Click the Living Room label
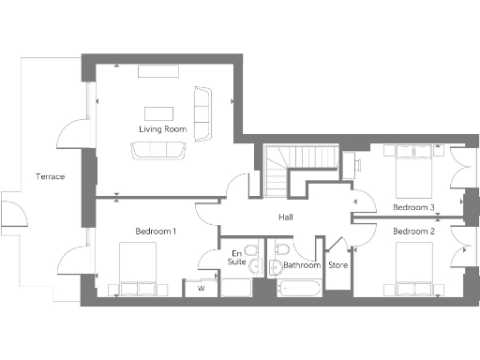pyautogui.click(x=162, y=128)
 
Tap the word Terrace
pyautogui.click(x=50, y=176)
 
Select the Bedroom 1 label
pyautogui.click(x=156, y=231)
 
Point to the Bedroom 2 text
pyautogui.click(x=413, y=231)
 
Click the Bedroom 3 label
pyautogui.click(x=413, y=206)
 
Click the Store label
pyautogui.click(x=337, y=265)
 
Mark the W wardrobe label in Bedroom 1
pyautogui.click(x=201, y=289)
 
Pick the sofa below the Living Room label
pyautogui.click(x=157, y=149)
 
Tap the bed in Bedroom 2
pyautogui.click(x=413, y=267)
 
